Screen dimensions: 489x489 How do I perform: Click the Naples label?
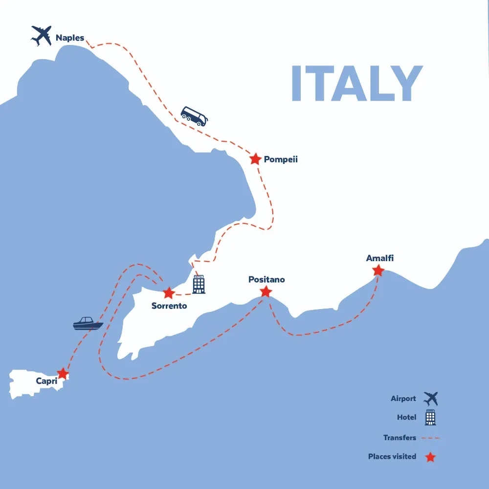[x=69, y=38]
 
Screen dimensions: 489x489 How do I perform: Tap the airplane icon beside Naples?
[x=42, y=35]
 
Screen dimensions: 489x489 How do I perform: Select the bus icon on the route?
[x=194, y=116]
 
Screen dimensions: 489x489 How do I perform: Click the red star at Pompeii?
[x=255, y=159]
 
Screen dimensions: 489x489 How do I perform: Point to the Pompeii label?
[x=281, y=159]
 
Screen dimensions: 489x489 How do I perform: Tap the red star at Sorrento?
[x=168, y=293]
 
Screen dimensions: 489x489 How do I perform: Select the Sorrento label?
[x=169, y=306]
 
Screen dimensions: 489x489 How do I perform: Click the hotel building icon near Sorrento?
[x=199, y=284]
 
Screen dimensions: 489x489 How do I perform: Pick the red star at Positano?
[x=266, y=292]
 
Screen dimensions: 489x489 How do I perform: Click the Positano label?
[x=267, y=280]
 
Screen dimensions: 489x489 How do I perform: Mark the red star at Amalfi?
[x=378, y=270]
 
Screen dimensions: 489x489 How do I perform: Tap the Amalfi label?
[x=379, y=258]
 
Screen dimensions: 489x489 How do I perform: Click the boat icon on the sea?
[x=88, y=323]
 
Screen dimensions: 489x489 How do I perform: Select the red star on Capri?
[x=63, y=374]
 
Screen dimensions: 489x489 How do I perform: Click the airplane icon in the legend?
[x=431, y=399]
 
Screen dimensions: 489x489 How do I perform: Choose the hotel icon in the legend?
[x=430, y=418]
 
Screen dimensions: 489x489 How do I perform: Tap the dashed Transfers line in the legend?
[x=430, y=438]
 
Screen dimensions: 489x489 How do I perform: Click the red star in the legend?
[x=430, y=457]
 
